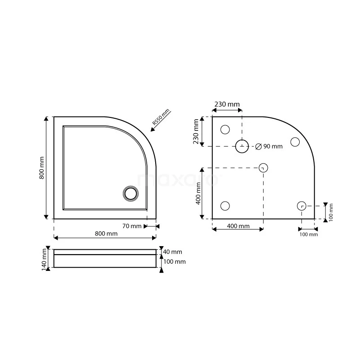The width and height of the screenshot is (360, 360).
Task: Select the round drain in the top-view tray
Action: [x=130, y=193]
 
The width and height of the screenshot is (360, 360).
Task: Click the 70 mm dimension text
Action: [x=132, y=226]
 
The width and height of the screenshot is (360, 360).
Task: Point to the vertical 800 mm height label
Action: [x=41, y=168]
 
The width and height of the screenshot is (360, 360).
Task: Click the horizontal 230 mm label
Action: [x=227, y=104]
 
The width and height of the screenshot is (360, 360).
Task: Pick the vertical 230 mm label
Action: [x=196, y=131]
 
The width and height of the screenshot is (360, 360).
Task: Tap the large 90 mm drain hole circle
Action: [x=242, y=146]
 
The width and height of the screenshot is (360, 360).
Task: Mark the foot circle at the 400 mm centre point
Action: [x=263, y=168]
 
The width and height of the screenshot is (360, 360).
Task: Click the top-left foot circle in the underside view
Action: [x=225, y=130]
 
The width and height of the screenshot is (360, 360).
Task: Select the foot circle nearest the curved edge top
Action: [x=295, y=142]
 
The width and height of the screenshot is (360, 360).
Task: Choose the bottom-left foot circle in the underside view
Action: [x=225, y=206]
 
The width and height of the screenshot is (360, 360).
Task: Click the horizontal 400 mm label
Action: [x=238, y=226]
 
